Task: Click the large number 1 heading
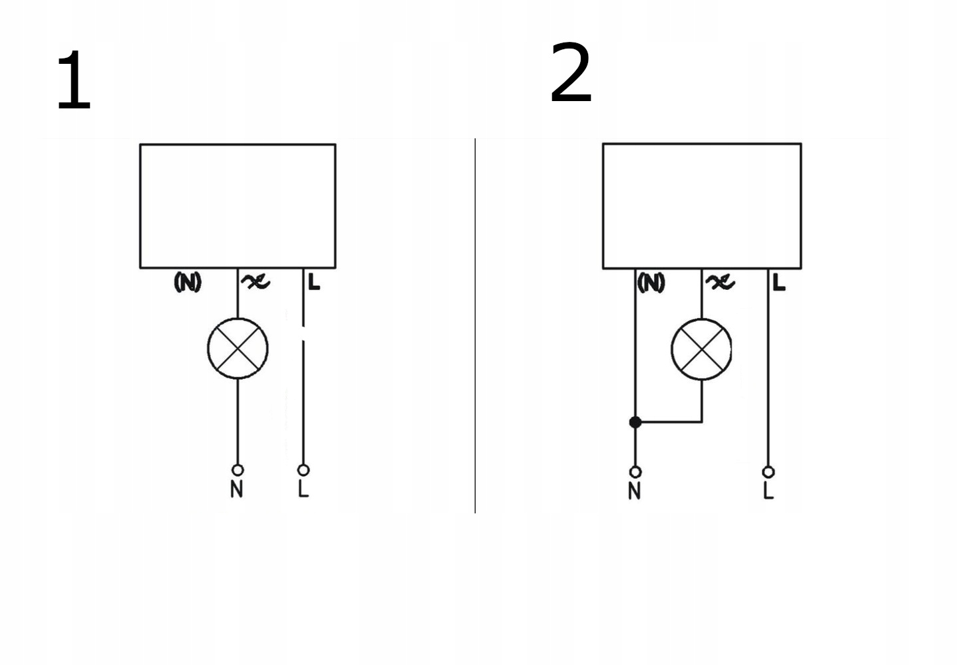[74, 82]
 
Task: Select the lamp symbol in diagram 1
[238, 348]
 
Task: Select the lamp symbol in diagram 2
[701, 349]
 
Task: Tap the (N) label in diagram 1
[187, 283]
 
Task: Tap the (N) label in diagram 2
[651, 283]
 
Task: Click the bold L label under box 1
[314, 282]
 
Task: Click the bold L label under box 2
[779, 283]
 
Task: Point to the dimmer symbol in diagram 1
[255, 282]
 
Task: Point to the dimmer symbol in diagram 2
[720, 283]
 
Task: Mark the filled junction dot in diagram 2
[635, 422]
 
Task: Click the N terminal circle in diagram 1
[237, 469]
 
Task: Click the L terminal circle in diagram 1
[303, 469]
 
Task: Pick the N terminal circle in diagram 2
[635, 472]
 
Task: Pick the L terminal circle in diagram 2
[768, 472]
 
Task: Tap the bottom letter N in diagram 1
[237, 489]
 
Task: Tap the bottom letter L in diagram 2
[768, 491]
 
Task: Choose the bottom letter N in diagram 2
[635, 491]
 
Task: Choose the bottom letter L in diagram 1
[303, 489]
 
